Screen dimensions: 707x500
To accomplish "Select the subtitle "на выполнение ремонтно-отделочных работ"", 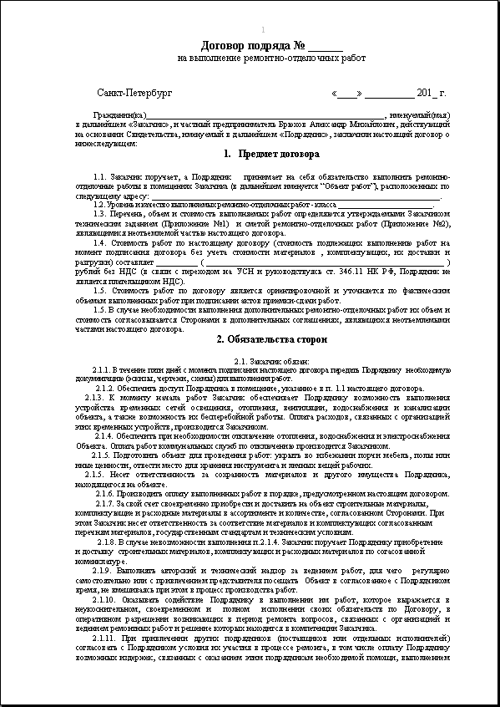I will pos(272,58).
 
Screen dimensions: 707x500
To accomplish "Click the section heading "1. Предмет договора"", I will pos(271,155).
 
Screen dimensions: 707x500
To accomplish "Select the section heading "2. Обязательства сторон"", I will pos(271,339).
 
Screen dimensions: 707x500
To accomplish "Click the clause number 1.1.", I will pos(101,178).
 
